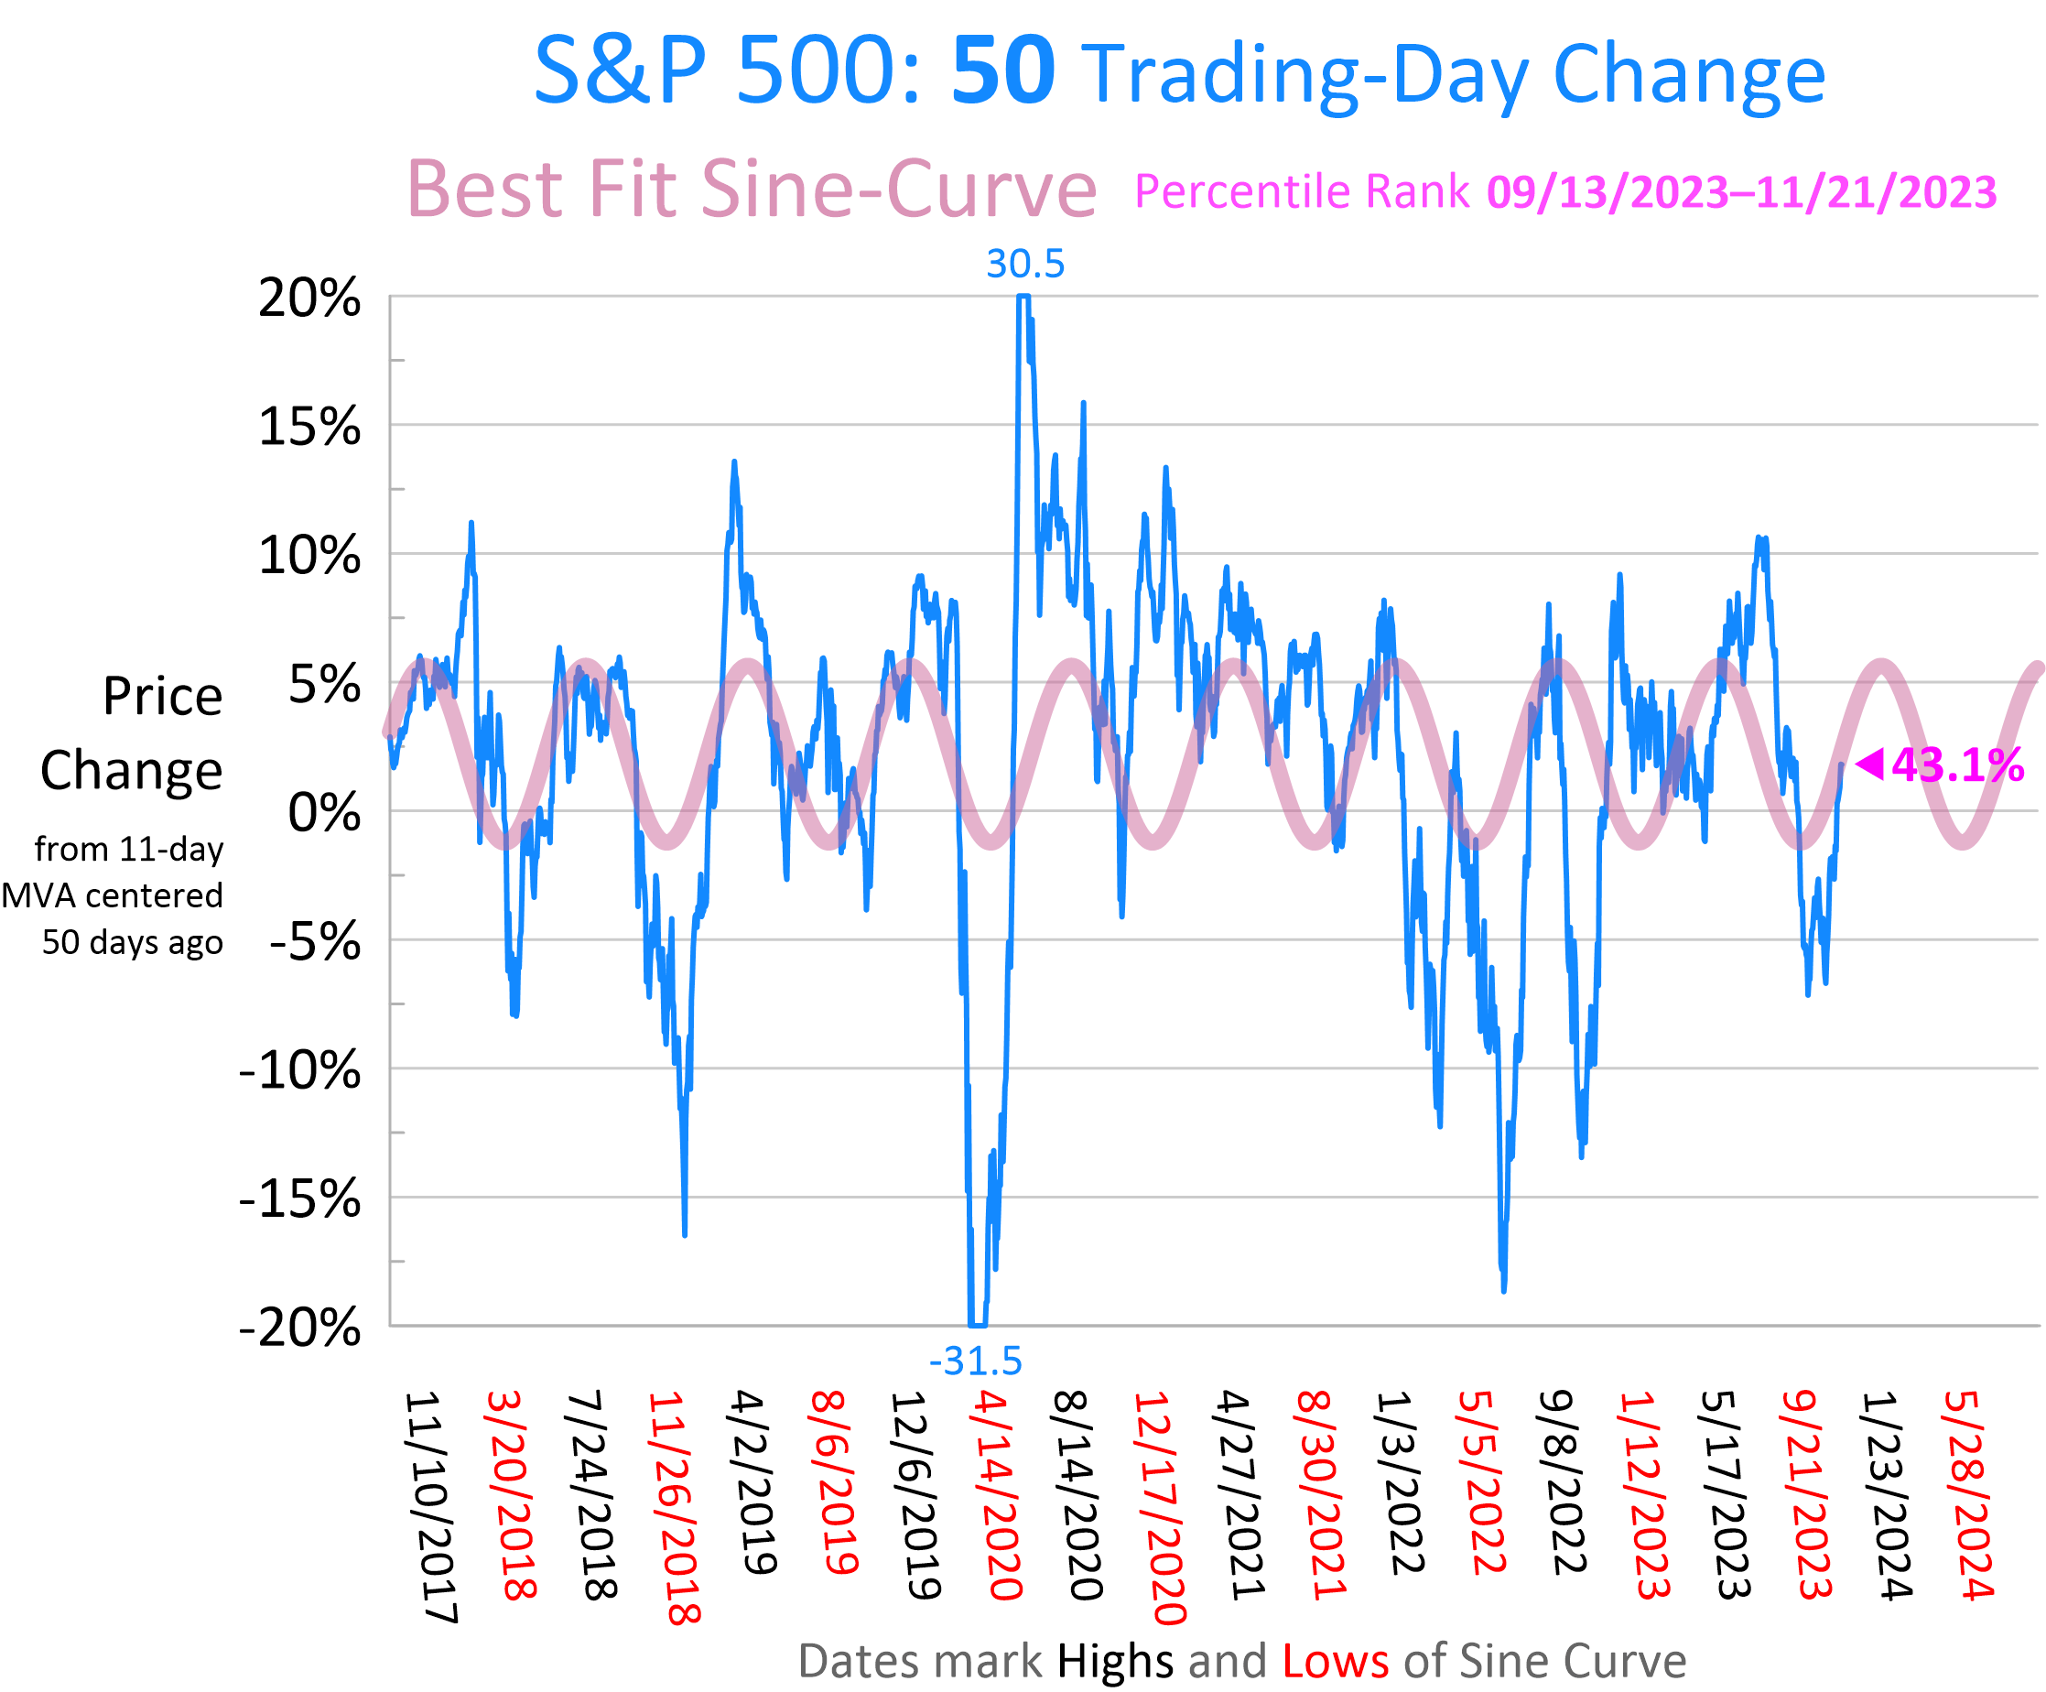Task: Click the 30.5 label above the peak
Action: [x=1025, y=264]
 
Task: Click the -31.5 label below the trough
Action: [x=975, y=1361]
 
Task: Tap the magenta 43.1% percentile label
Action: [x=1958, y=765]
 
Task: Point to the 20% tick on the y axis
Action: [x=309, y=298]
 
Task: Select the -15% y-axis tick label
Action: [x=299, y=1198]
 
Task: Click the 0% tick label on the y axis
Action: [x=323, y=812]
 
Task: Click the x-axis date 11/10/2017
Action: [x=429, y=1507]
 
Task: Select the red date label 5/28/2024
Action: [x=1968, y=1495]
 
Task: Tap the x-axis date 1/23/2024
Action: [x=1888, y=1495]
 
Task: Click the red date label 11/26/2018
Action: [x=673, y=1508]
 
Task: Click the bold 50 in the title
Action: [x=1002, y=71]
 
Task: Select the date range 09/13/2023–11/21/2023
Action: [x=1742, y=192]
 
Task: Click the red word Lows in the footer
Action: [x=1335, y=1661]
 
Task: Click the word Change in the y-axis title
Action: [x=132, y=770]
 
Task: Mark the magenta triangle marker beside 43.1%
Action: [x=1869, y=764]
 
